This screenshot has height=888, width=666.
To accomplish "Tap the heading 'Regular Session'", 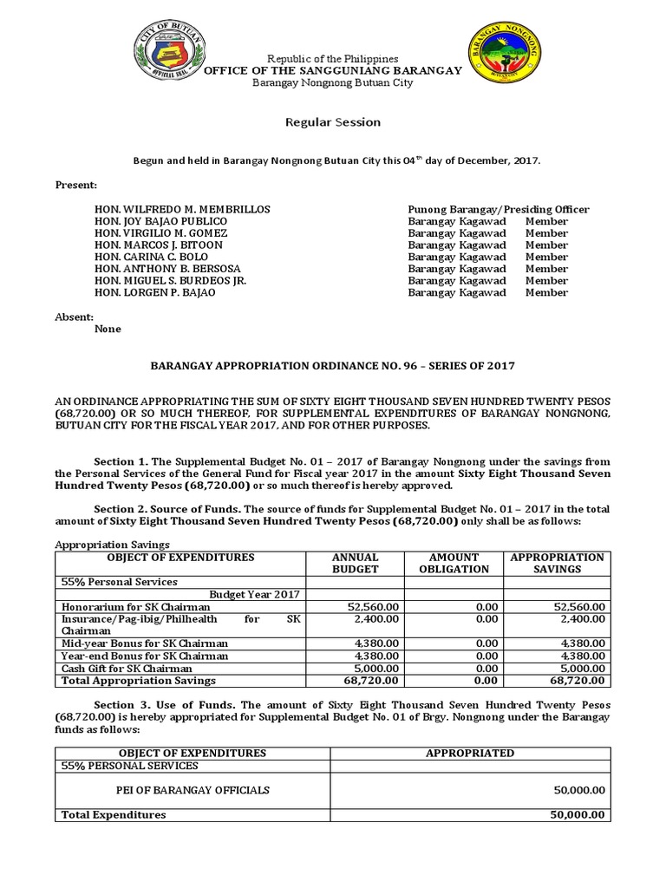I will pyautogui.click(x=333, y=122).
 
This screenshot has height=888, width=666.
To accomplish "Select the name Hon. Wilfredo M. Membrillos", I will pyautogui.click(x=182, y=210).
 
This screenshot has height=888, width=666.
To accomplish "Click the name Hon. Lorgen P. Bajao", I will pyautogui.click(x=155, y=292).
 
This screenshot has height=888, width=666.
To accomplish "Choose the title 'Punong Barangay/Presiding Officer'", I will pyautogui.click(x=498, y=210).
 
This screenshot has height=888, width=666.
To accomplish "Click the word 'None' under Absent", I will pyautogui.click(x=108, y=330).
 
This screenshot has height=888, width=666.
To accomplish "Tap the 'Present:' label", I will pyautogui.click(x=76, y=186).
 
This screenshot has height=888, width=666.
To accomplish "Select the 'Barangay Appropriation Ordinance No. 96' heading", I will pyautogui.click(x=333, y=366).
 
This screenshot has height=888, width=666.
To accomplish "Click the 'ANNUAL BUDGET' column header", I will pyautogui.click(x=355, y=563).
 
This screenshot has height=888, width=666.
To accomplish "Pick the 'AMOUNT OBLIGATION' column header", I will pyautogui.click(x=454, y=563).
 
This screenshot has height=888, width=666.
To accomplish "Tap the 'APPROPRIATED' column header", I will pyautogui.click(x=469, y=753).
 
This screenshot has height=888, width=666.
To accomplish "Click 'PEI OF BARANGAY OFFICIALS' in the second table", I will pyautogui.click(x=193, y=790).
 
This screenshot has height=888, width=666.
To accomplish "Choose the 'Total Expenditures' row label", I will pyautogui.click(x=113, y=815).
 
